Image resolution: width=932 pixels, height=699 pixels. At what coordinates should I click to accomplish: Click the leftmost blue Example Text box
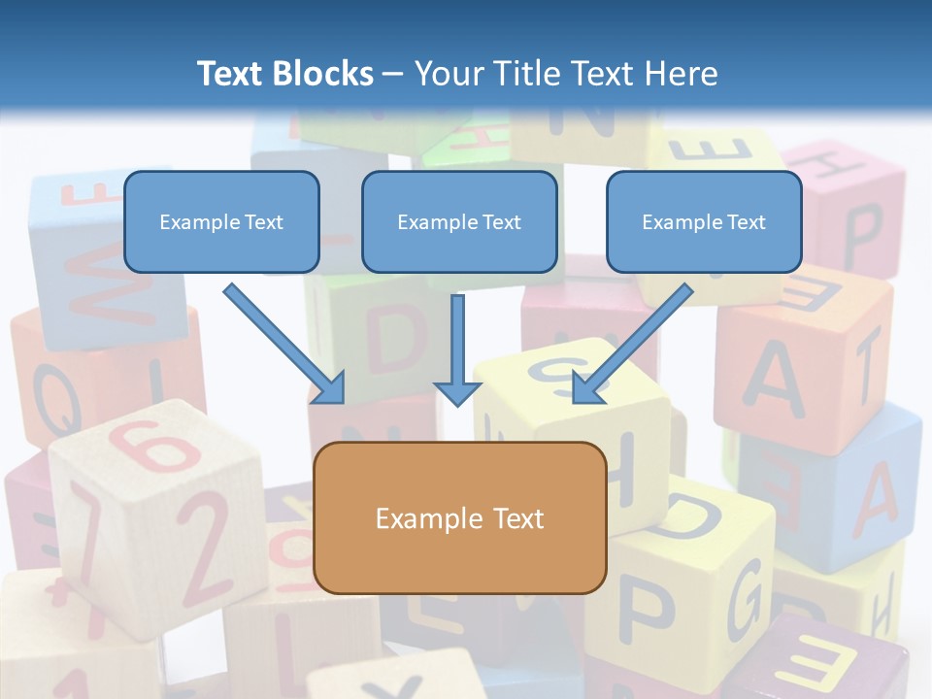(221, 222)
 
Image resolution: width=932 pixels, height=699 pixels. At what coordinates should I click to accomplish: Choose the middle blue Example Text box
(459, 222)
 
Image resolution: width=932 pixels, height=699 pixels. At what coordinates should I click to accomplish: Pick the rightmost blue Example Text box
(704, 222)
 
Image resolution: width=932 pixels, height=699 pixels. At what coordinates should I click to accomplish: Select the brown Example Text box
(460, 518)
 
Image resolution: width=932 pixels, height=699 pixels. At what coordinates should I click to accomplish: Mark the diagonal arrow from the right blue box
(631, 344)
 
